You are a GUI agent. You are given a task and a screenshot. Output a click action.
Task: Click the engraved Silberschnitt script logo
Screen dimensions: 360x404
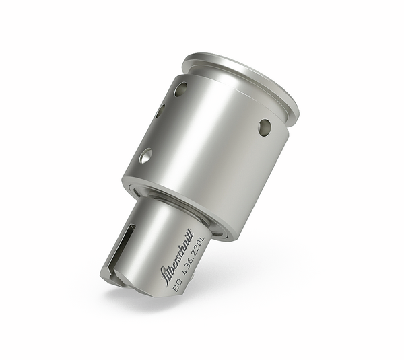pos(176,257)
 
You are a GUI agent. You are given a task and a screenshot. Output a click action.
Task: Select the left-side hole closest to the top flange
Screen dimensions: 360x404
pos(180,89)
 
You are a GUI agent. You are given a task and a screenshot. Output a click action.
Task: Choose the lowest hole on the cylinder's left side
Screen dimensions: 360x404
pos(145,156)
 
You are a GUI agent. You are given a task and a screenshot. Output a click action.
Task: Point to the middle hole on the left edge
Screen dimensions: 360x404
pos(160,110)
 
